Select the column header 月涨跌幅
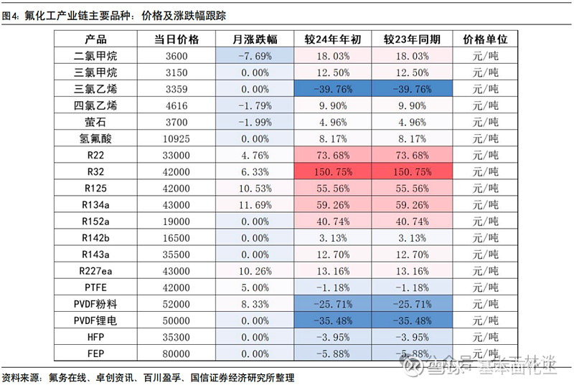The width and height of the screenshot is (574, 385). (x=255, y=39)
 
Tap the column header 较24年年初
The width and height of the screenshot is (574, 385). (x=331, y=39)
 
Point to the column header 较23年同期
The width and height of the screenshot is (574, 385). (x=412, y=39)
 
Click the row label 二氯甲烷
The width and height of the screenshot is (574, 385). (x=95, y=56)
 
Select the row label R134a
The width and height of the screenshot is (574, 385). (x=95, y=204)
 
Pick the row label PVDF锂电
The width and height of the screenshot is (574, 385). (x=95, y=320)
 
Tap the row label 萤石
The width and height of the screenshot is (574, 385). (x=95, y=122)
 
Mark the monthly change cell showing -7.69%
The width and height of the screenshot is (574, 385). (x=255, y=56)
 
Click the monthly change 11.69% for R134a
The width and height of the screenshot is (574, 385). (x=255, y=204)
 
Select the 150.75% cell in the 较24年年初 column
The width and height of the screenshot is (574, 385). (x=331, y=171)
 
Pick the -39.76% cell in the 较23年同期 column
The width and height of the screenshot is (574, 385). (x=412, y=89)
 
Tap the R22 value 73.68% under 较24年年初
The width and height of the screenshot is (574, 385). (x=331, y=155)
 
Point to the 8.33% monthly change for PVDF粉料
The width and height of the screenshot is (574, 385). (x=255, y=303)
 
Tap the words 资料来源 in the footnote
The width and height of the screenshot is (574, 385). (x=20, y=377)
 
